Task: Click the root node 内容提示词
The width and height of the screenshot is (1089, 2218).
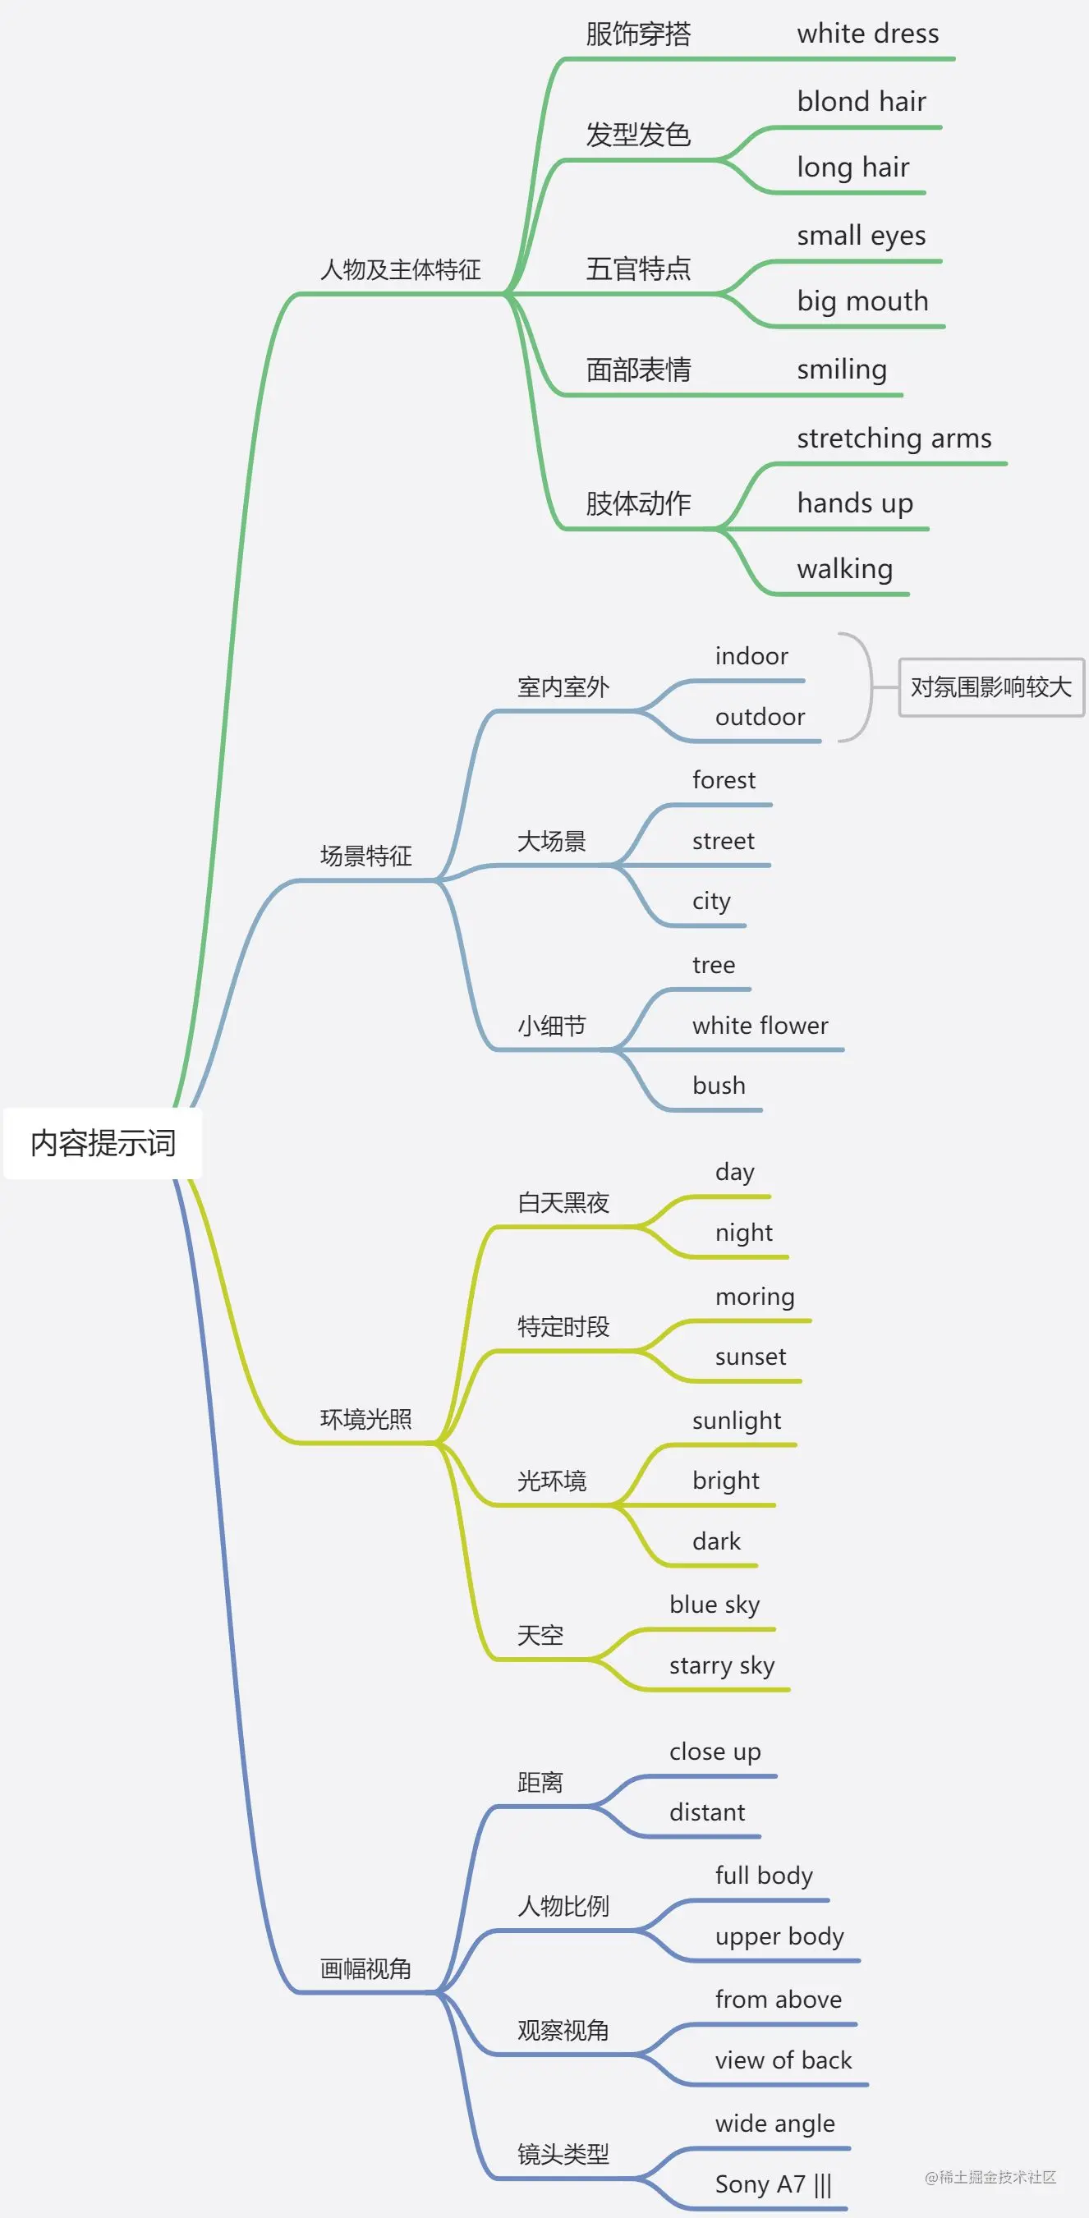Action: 103,1142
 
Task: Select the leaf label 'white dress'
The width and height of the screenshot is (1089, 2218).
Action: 868,34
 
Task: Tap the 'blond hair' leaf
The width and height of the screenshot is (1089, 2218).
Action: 861,102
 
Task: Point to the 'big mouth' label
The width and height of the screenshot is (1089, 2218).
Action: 862,301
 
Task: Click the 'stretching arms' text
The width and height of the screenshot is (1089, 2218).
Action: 894,439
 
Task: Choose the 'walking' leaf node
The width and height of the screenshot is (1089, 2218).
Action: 844,569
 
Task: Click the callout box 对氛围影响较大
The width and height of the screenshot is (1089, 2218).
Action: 991,687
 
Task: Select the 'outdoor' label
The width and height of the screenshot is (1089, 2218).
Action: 760,717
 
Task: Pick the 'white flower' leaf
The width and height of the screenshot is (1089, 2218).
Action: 760,1026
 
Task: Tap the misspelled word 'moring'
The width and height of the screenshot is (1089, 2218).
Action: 755,1297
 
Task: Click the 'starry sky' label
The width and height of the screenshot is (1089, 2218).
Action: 721,1665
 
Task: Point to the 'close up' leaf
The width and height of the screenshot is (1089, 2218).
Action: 715,1752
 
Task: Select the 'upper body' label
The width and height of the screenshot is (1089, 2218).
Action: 779,1936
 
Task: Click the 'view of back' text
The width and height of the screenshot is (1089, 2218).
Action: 783,2060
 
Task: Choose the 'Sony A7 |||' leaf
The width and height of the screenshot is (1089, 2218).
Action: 773,2184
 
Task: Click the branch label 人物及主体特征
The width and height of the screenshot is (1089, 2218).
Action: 400,269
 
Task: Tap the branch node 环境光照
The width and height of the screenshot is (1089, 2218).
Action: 365,1418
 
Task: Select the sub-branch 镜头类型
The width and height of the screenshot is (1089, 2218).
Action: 563,2153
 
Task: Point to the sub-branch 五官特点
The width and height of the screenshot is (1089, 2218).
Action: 638,269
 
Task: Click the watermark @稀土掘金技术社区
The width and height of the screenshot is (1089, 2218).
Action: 990,2177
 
